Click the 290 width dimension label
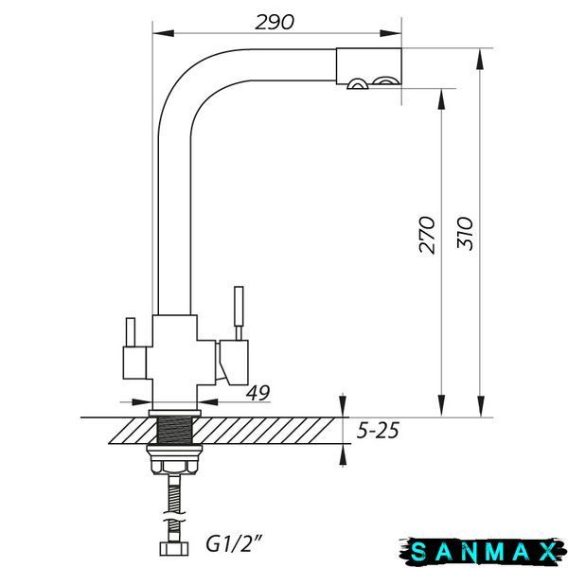pyautogui.click(x=275, y=22)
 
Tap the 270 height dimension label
pyautogui.click(x=426, y=235)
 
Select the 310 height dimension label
pyautogui.click(x=465, y=233)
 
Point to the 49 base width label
pyautogui.click(x=258, y=393)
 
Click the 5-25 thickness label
pyautogui.click(x=378, y=431)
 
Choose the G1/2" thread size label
pyautogui.click(x=234, y=544)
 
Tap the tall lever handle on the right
pyautogui.click(x=239, y=313)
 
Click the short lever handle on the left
pyautogui.click(x=131, y=332)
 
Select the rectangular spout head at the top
pyautogui.click(x=368, y=66)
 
